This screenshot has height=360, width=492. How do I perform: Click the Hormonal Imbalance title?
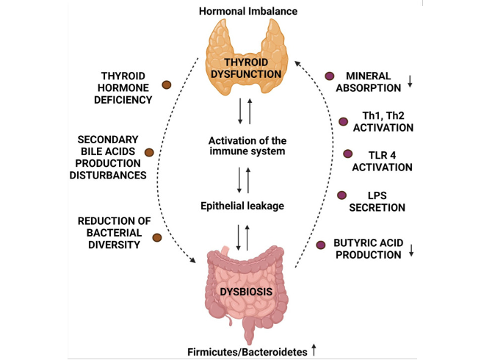point(245,11)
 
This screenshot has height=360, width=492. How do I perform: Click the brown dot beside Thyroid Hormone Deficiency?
point(166,85)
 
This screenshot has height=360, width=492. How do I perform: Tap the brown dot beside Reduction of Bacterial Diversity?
point(156,237)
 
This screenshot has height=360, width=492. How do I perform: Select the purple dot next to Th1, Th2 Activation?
point(343,120)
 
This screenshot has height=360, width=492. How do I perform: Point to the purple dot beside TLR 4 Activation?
point(348,154)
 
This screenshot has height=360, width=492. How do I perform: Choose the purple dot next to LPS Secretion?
point(342,195)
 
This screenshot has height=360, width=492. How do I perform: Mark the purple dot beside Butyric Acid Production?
point(320,244)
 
